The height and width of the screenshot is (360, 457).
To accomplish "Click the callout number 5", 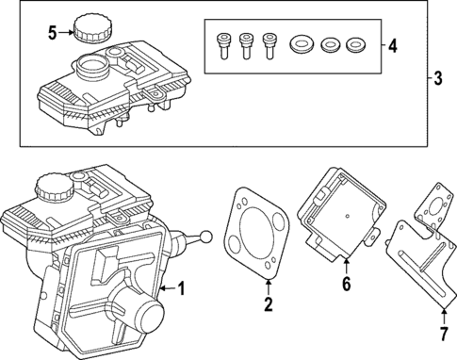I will point(53,33).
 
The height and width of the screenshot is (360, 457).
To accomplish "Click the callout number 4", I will point(392,43).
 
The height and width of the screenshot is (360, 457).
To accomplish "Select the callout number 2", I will point(268,303).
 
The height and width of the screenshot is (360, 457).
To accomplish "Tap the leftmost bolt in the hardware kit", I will point(224,44).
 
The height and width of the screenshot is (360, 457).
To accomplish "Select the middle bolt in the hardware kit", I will point(246,44).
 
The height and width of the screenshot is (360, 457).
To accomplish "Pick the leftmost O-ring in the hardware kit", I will point(302,43).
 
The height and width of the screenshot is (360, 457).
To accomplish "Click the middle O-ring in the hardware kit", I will point(329,43).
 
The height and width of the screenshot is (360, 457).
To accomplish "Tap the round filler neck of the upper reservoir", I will point(91,68).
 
